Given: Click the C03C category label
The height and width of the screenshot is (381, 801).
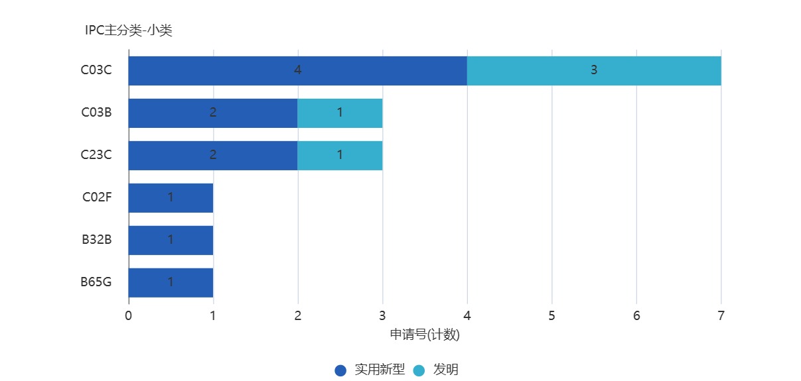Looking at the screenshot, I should pos(96,70).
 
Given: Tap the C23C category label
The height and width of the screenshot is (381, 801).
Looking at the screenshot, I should pos(96,155).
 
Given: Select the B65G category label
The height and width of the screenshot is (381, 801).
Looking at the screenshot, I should pos(96,282).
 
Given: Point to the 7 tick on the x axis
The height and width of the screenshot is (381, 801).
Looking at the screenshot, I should pos(721,315).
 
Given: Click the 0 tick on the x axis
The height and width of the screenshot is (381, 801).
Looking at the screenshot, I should pos(128,315).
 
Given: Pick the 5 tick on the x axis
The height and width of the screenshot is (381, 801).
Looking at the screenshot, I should pos(551,315).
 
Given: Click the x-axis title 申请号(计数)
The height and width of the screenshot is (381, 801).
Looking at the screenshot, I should pos(425,335).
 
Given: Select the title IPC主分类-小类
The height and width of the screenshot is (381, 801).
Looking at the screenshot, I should pos(129,30).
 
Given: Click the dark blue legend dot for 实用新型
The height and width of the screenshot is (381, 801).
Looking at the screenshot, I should pos(340,370).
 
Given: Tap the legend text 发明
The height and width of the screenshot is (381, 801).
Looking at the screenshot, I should pos(446,370).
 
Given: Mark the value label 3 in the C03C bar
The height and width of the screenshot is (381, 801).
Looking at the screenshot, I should pos(594,70).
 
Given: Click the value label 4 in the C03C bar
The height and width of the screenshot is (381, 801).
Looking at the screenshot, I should pos(298,70).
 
